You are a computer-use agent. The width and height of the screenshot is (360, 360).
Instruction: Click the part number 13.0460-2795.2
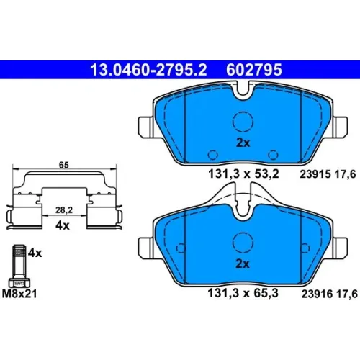[x=148, y=70]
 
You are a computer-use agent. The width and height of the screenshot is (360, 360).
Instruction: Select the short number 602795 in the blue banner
[x=254, y=70]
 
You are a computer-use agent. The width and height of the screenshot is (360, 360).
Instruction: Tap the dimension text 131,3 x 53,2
[x=243, y=174]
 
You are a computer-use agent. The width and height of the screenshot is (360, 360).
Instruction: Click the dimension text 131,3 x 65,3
[x=243, y=293]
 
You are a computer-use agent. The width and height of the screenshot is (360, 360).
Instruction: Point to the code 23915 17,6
[x=328, y=174]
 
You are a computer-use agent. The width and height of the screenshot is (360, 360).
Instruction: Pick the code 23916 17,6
[x=330, y=294]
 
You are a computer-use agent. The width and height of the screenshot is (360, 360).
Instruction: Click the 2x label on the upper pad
[x=243, y=143]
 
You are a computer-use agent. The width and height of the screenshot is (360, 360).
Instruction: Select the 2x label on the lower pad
[x=243, y=264]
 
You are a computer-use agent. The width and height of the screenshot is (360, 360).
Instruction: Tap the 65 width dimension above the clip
[x=64, y=165]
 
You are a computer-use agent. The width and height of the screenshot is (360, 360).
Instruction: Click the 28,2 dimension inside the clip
[x=64, y=210]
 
